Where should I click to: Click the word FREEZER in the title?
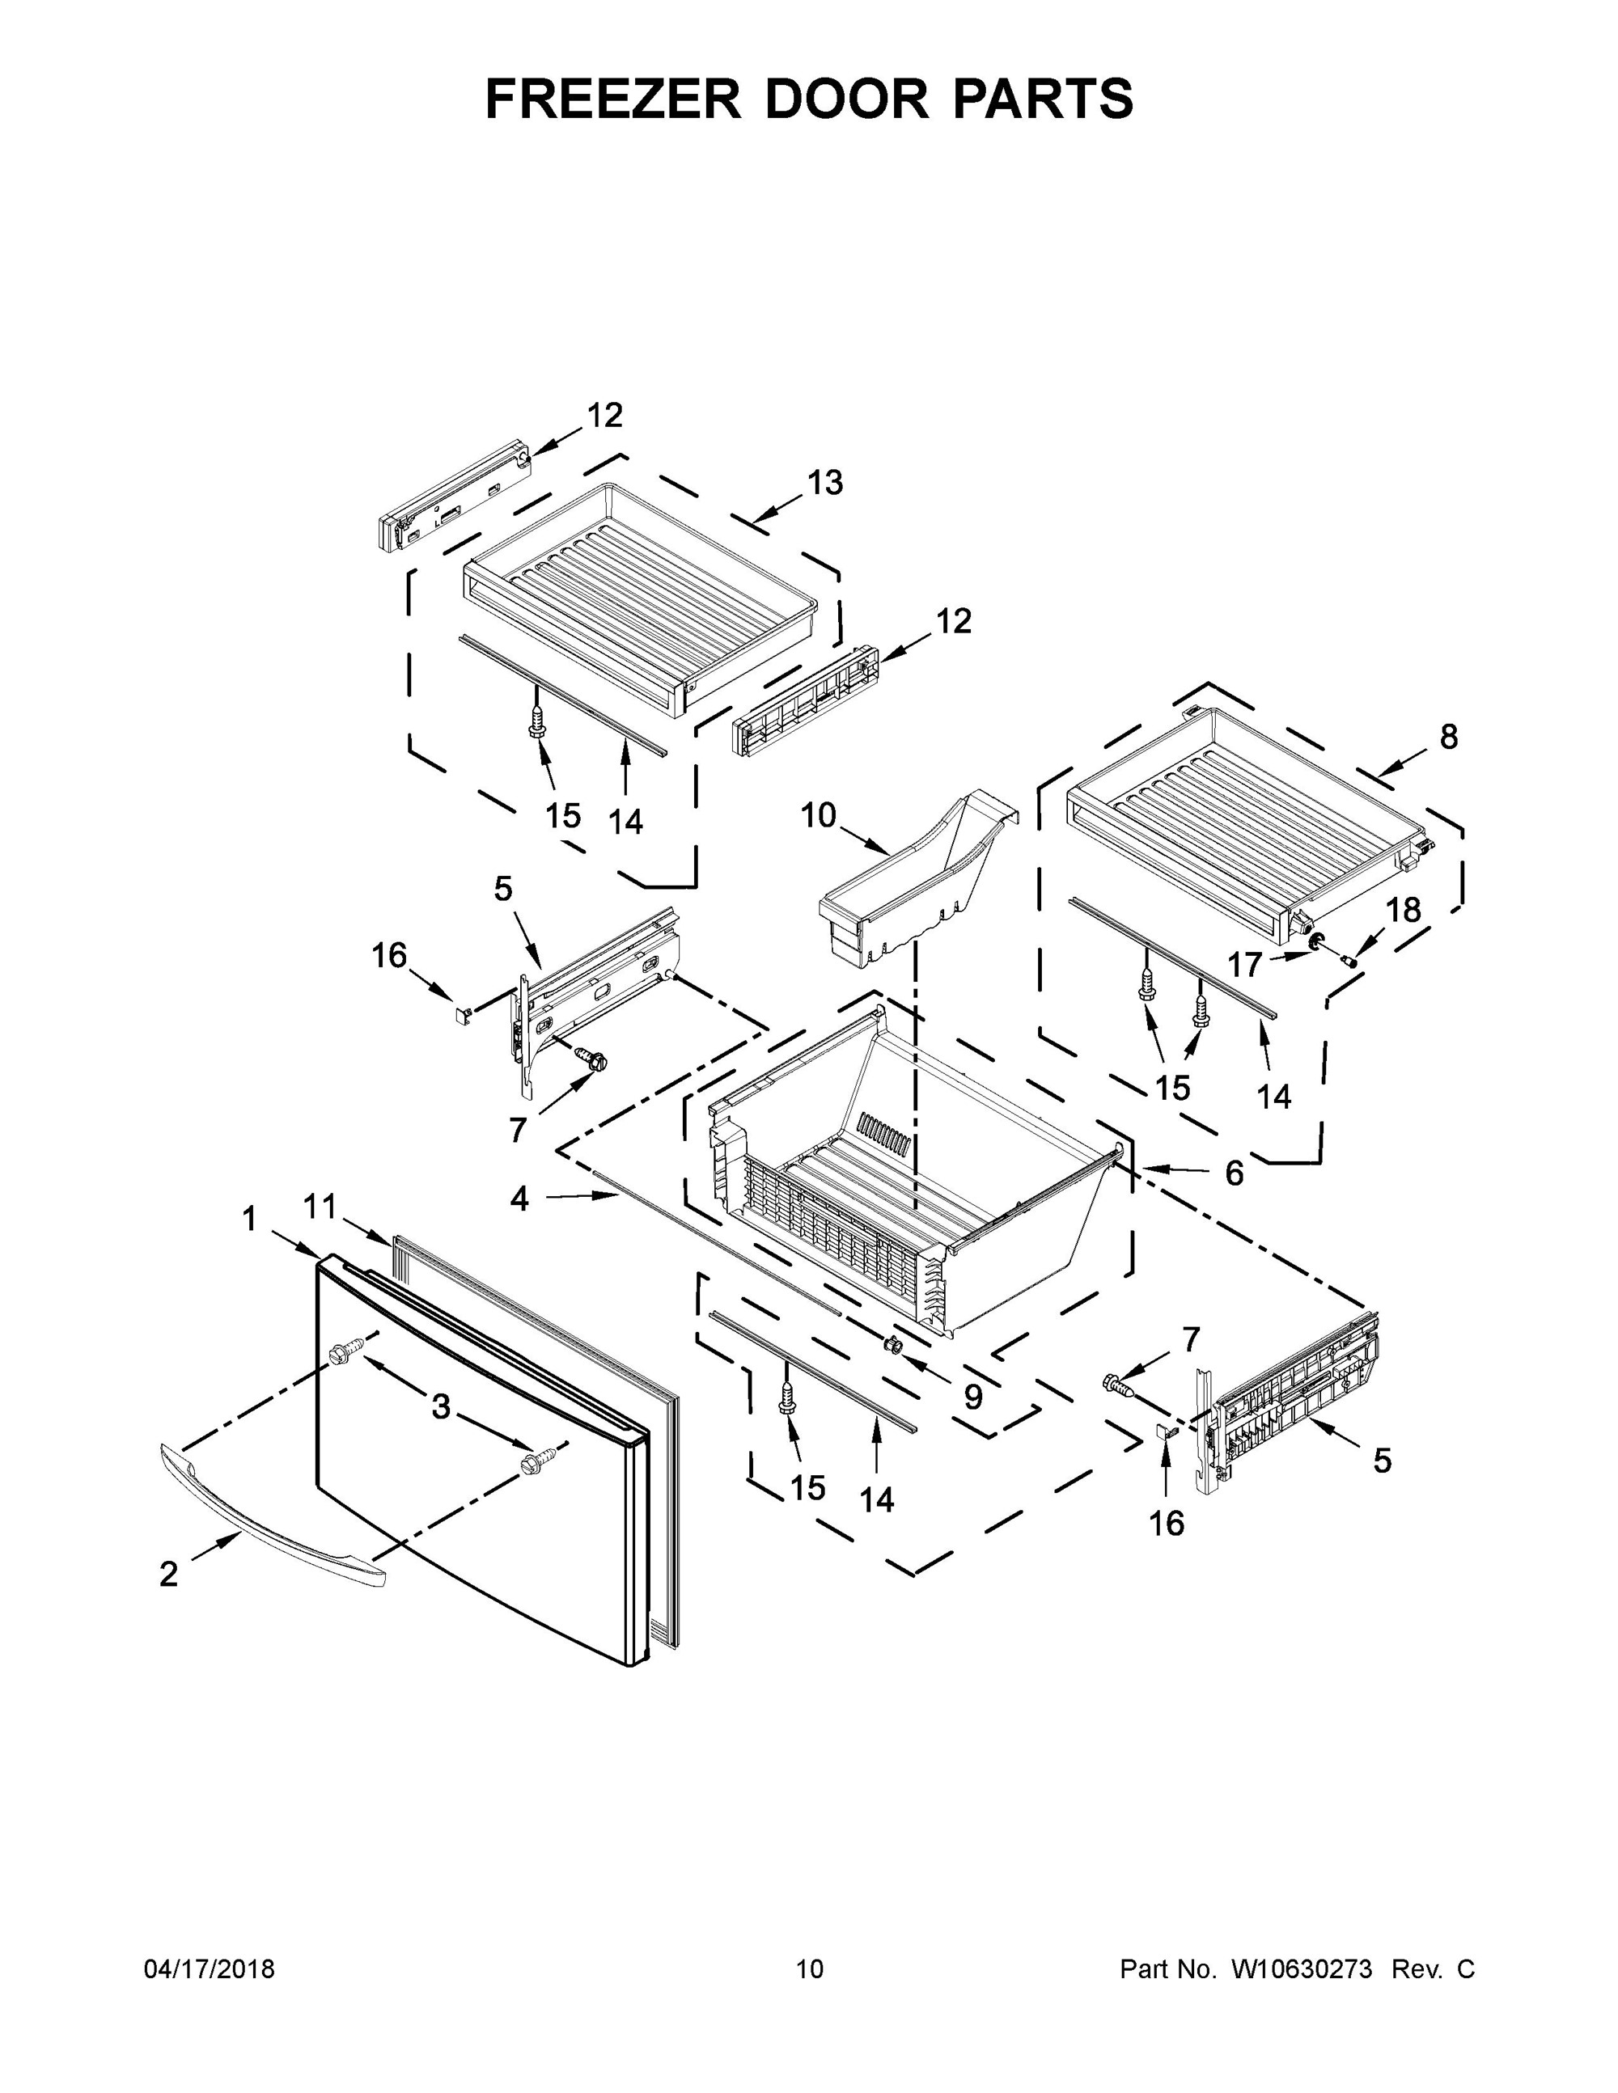[x=614, y=99]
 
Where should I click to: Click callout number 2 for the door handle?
[x=169, y=1574]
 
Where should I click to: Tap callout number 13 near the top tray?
[x=824, y=482]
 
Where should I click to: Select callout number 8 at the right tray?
[x=1448, y=737]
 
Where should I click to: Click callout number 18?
[x=1404, y=910]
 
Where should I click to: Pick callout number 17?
[x=1245, y=964]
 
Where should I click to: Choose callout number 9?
[x=973, y=1397]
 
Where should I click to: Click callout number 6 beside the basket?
[x=1234, y=1172]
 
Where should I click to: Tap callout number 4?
[x=519, y=1199]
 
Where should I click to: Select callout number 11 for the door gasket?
[x=320, y=1207]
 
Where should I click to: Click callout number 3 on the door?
[x=441, y=1407]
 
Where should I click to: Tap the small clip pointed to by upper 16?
[x=463, y=1012]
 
